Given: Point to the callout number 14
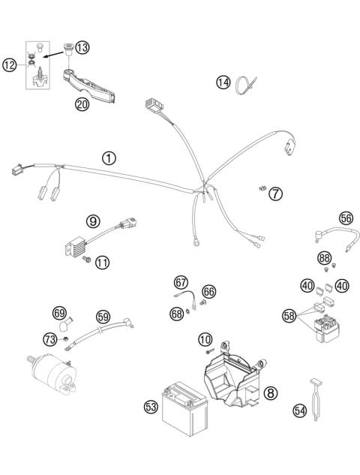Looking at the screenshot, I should (x=223, y=83).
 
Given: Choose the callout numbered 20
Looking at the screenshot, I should (x=82, y=104).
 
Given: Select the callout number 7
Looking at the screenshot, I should (x=275, y=194).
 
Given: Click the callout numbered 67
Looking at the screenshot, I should (x=181, y=282).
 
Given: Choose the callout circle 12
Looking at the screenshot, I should (x=9, y=65).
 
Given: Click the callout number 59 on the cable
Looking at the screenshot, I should (x=103, y=316).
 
